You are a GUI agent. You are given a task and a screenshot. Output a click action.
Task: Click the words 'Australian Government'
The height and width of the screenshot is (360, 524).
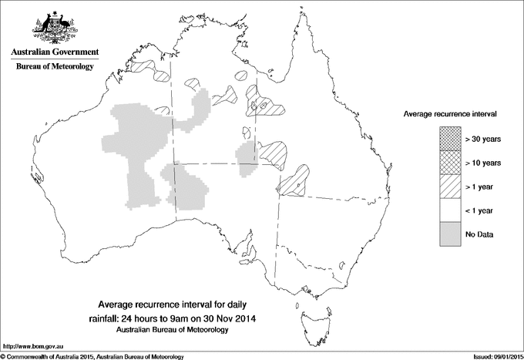coord(55,52)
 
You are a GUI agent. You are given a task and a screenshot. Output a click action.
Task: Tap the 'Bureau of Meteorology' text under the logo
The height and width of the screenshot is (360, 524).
coord(55,67)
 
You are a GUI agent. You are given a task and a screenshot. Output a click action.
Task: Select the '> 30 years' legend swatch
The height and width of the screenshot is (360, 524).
coord(450,139)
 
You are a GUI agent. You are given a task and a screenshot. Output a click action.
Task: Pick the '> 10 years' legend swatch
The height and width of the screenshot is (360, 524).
coord(450,162)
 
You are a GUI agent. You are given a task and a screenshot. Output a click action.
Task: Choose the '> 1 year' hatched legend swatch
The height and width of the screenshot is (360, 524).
coord(450,186)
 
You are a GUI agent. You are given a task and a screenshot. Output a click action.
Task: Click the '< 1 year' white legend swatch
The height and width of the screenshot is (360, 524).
coord(450,210)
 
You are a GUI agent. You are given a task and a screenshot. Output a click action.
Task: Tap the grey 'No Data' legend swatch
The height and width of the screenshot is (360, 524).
coord(450,234)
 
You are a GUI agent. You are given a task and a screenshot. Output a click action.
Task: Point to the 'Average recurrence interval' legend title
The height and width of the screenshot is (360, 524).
coord(450,113)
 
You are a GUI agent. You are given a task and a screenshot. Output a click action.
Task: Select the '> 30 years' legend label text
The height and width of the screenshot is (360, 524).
coord(483,140)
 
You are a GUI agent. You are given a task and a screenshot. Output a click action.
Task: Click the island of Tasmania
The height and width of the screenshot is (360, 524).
coord(311,315)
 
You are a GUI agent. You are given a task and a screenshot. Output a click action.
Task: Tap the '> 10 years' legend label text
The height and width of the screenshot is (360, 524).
coord(483,163)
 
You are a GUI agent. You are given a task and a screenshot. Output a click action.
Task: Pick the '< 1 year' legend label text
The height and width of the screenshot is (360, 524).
coord(480,210)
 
